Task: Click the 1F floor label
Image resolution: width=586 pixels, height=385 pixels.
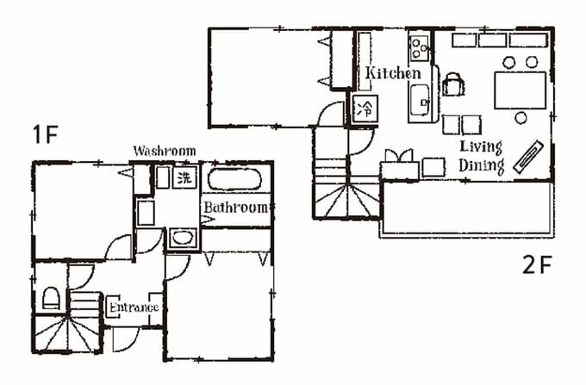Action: point(45,135)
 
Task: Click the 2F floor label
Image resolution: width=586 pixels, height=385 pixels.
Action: point(537,264)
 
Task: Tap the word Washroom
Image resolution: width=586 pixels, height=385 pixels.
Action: point(165,151)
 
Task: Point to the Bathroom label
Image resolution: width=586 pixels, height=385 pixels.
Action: point(236,208)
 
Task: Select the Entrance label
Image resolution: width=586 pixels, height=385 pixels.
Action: point(134,307)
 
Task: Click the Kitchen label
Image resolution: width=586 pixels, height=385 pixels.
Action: point(393,73)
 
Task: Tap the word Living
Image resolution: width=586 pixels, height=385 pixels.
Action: point(481,147)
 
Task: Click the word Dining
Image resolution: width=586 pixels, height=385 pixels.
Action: point(482,165)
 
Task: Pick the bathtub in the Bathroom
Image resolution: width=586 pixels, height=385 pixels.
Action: point(234,180)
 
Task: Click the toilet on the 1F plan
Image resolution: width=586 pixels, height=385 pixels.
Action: point(51,298)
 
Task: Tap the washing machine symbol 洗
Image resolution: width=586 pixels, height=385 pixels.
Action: point(184,177)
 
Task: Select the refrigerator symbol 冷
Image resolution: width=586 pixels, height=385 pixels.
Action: point(365,109)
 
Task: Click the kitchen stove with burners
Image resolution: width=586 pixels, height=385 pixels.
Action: point(420,47)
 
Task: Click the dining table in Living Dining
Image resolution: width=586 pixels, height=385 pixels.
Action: point(520,90)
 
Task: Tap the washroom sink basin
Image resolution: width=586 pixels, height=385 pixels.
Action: point(183,237)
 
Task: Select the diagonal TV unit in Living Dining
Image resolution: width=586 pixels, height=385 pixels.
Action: point(527,157)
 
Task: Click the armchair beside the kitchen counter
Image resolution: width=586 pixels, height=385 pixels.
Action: point(453,84)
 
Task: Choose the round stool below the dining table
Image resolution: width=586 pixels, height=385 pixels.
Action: point(521,118)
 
